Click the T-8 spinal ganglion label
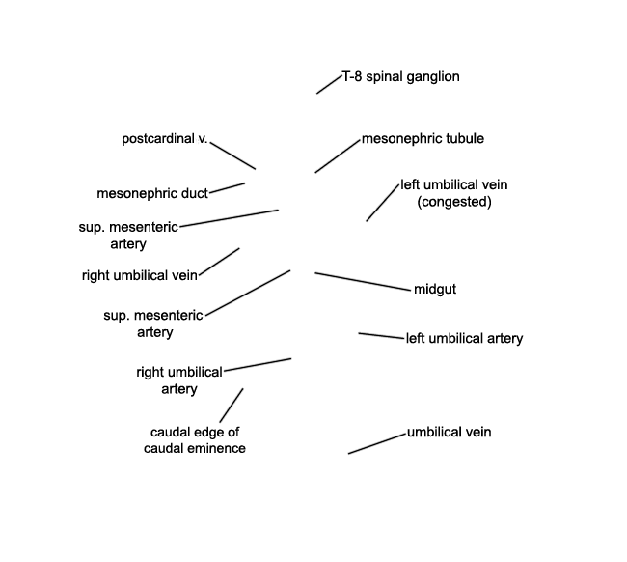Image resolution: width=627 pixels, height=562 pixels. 400,76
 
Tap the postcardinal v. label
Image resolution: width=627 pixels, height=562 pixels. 165,138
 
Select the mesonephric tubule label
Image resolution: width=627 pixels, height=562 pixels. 423,138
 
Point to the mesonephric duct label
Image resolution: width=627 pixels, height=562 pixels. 152,193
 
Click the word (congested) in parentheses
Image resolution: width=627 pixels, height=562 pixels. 454,202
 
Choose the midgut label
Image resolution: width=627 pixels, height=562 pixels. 435,289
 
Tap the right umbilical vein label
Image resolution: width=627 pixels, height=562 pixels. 140,275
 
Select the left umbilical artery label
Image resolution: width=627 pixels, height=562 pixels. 464,338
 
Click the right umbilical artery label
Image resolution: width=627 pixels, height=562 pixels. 179,380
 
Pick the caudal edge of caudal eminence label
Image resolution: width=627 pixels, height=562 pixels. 195,440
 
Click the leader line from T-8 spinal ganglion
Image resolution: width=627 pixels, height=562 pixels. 329,84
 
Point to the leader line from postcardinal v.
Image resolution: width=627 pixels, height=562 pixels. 232,155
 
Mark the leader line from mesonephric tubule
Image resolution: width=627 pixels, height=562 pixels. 338,156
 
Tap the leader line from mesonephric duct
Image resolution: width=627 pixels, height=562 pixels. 227,188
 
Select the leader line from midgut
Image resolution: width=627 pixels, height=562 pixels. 363,281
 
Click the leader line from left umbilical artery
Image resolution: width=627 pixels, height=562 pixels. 381,336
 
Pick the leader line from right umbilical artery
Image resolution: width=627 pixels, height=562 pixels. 258,365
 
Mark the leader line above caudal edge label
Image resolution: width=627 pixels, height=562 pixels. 232,406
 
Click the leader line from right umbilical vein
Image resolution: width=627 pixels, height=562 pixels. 219,262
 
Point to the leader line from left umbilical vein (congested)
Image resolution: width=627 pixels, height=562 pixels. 383,203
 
